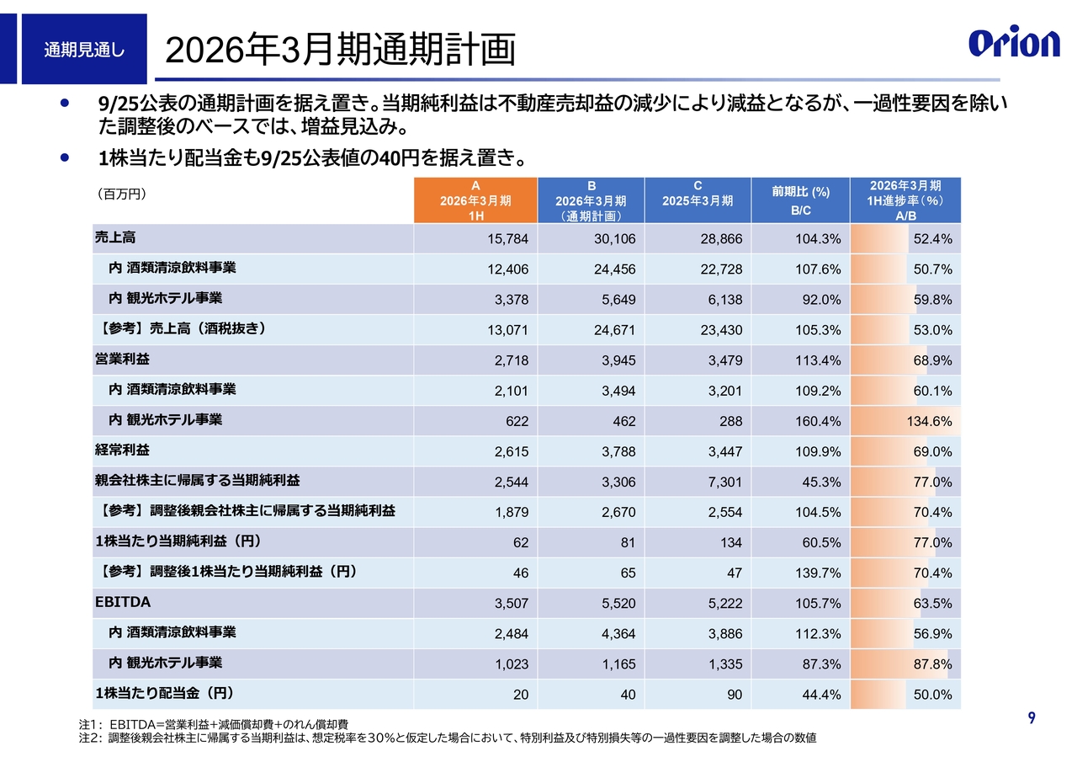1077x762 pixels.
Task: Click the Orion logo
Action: pos(1014,43)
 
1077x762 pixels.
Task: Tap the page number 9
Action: pos(1032,718)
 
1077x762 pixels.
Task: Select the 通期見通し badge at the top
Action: pos(84,50)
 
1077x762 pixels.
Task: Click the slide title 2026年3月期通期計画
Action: pos(339,51)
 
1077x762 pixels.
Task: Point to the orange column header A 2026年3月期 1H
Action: pos(475,200)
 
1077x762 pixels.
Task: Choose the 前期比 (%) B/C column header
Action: pos(800,200)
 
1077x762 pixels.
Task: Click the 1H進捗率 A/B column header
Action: pos(905,200)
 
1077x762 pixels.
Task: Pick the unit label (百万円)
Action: pos(123,194)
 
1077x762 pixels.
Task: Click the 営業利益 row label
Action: pos(122,360)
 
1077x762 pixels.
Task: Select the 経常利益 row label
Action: pos(122,450)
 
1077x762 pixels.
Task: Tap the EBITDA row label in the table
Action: pos(123,602)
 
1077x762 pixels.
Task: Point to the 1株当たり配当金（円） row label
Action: pos(164,694)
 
